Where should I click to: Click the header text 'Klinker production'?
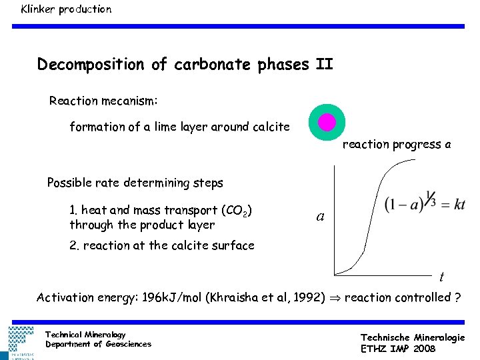pos(66,9)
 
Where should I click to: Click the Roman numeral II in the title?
pos(324,65)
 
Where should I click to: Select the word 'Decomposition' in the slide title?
pos(91,65)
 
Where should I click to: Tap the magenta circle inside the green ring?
pos(327,122)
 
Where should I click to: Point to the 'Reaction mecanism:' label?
pos(103,101)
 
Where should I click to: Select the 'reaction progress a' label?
pos(397,144)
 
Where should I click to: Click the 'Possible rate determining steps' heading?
pos(135,183)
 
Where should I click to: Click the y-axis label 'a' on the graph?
pos(321,217)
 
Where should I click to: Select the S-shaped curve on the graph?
pos(367,213)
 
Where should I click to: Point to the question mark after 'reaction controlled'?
pos(457,297)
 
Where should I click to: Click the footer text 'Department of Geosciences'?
pos(98,344)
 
